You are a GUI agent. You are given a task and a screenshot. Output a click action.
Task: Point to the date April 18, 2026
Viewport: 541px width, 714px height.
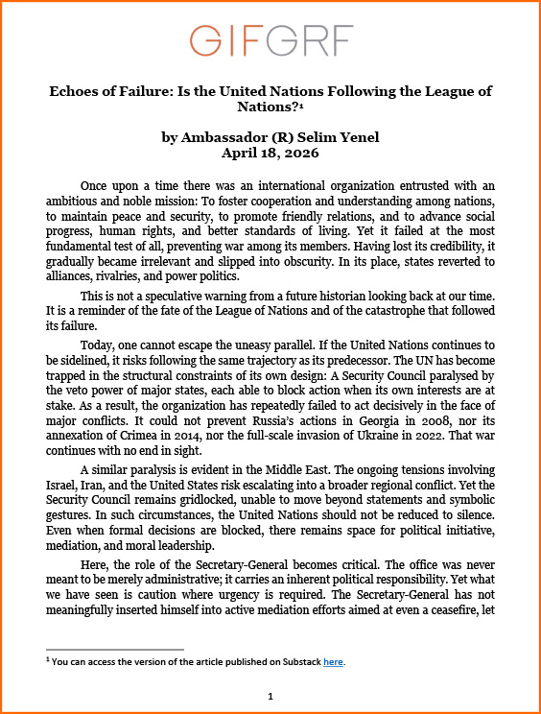[270, 153]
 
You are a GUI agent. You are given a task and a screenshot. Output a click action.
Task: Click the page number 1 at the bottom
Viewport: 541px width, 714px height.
[270, 696]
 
